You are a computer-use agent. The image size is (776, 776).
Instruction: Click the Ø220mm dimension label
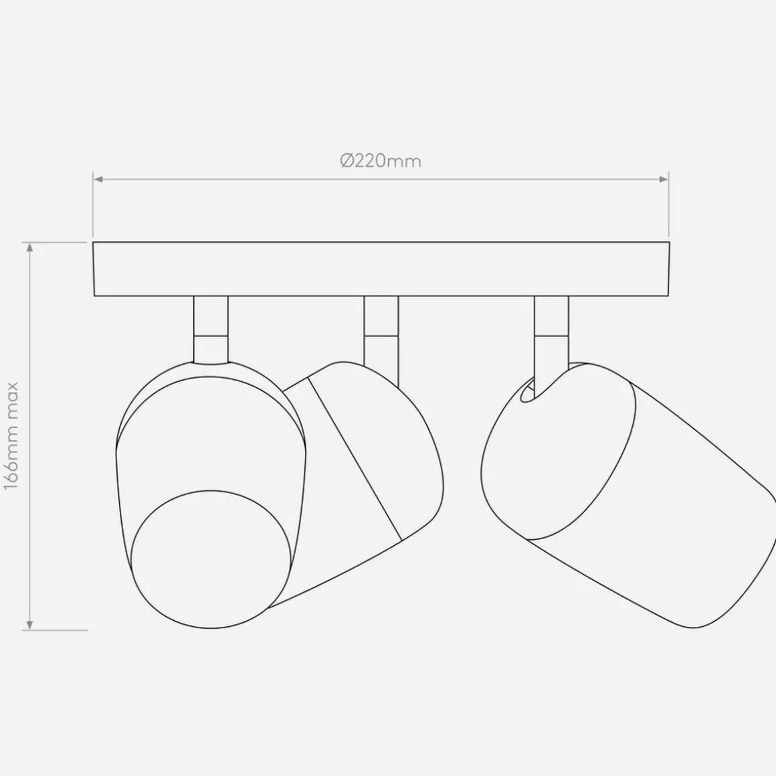click(381, 161)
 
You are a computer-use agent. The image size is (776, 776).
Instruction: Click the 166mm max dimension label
click(11, 436)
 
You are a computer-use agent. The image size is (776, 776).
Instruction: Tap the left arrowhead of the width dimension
click(98, 179)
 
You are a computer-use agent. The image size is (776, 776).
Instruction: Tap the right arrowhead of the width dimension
click(664, 179)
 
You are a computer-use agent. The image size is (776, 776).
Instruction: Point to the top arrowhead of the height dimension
click(30, 247)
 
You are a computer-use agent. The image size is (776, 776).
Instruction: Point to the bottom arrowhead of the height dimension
click(30, 625)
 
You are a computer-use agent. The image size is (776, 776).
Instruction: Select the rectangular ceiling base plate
click(381, 269)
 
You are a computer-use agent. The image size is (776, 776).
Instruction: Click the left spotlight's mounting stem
click(211, 330)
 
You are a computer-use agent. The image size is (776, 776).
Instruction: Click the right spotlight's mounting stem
click(551, 332)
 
